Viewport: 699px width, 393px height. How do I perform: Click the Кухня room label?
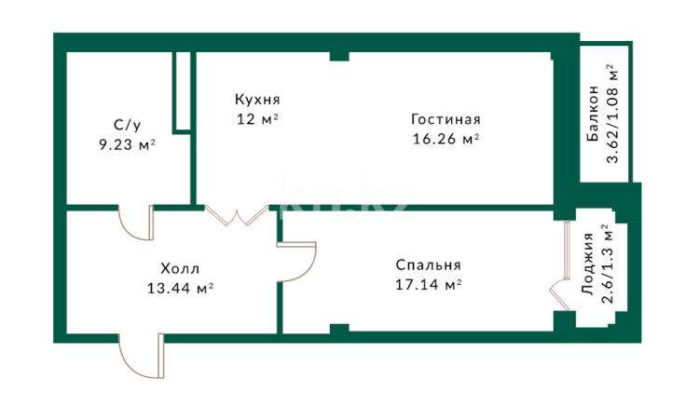(x=257, y=100)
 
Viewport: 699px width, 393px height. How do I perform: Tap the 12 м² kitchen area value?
(x=257, y=119)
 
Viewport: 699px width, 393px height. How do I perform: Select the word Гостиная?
(x=445, y=119)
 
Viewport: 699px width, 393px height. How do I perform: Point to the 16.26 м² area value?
(x=445, y=139)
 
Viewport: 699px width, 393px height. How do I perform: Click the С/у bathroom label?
(x=127, y=125)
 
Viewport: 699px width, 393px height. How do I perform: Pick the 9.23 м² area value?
(x=127, y=144)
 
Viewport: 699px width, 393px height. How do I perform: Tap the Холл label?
(x=180, y=269)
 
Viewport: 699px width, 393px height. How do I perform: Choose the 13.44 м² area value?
(x=180, y=289)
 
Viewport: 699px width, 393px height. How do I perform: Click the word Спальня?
(x=428, y=264)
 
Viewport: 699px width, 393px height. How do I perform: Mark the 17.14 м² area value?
(x=428, y=284)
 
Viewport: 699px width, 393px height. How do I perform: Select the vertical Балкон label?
(x=593, y=114)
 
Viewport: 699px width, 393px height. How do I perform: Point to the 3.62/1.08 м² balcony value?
(x=612, y=114)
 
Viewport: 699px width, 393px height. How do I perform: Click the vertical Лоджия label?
(x=588, y=264)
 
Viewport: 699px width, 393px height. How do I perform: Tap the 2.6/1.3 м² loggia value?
(x=607, y=264)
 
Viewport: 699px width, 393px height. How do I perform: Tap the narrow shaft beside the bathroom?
(x=182, y=92)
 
